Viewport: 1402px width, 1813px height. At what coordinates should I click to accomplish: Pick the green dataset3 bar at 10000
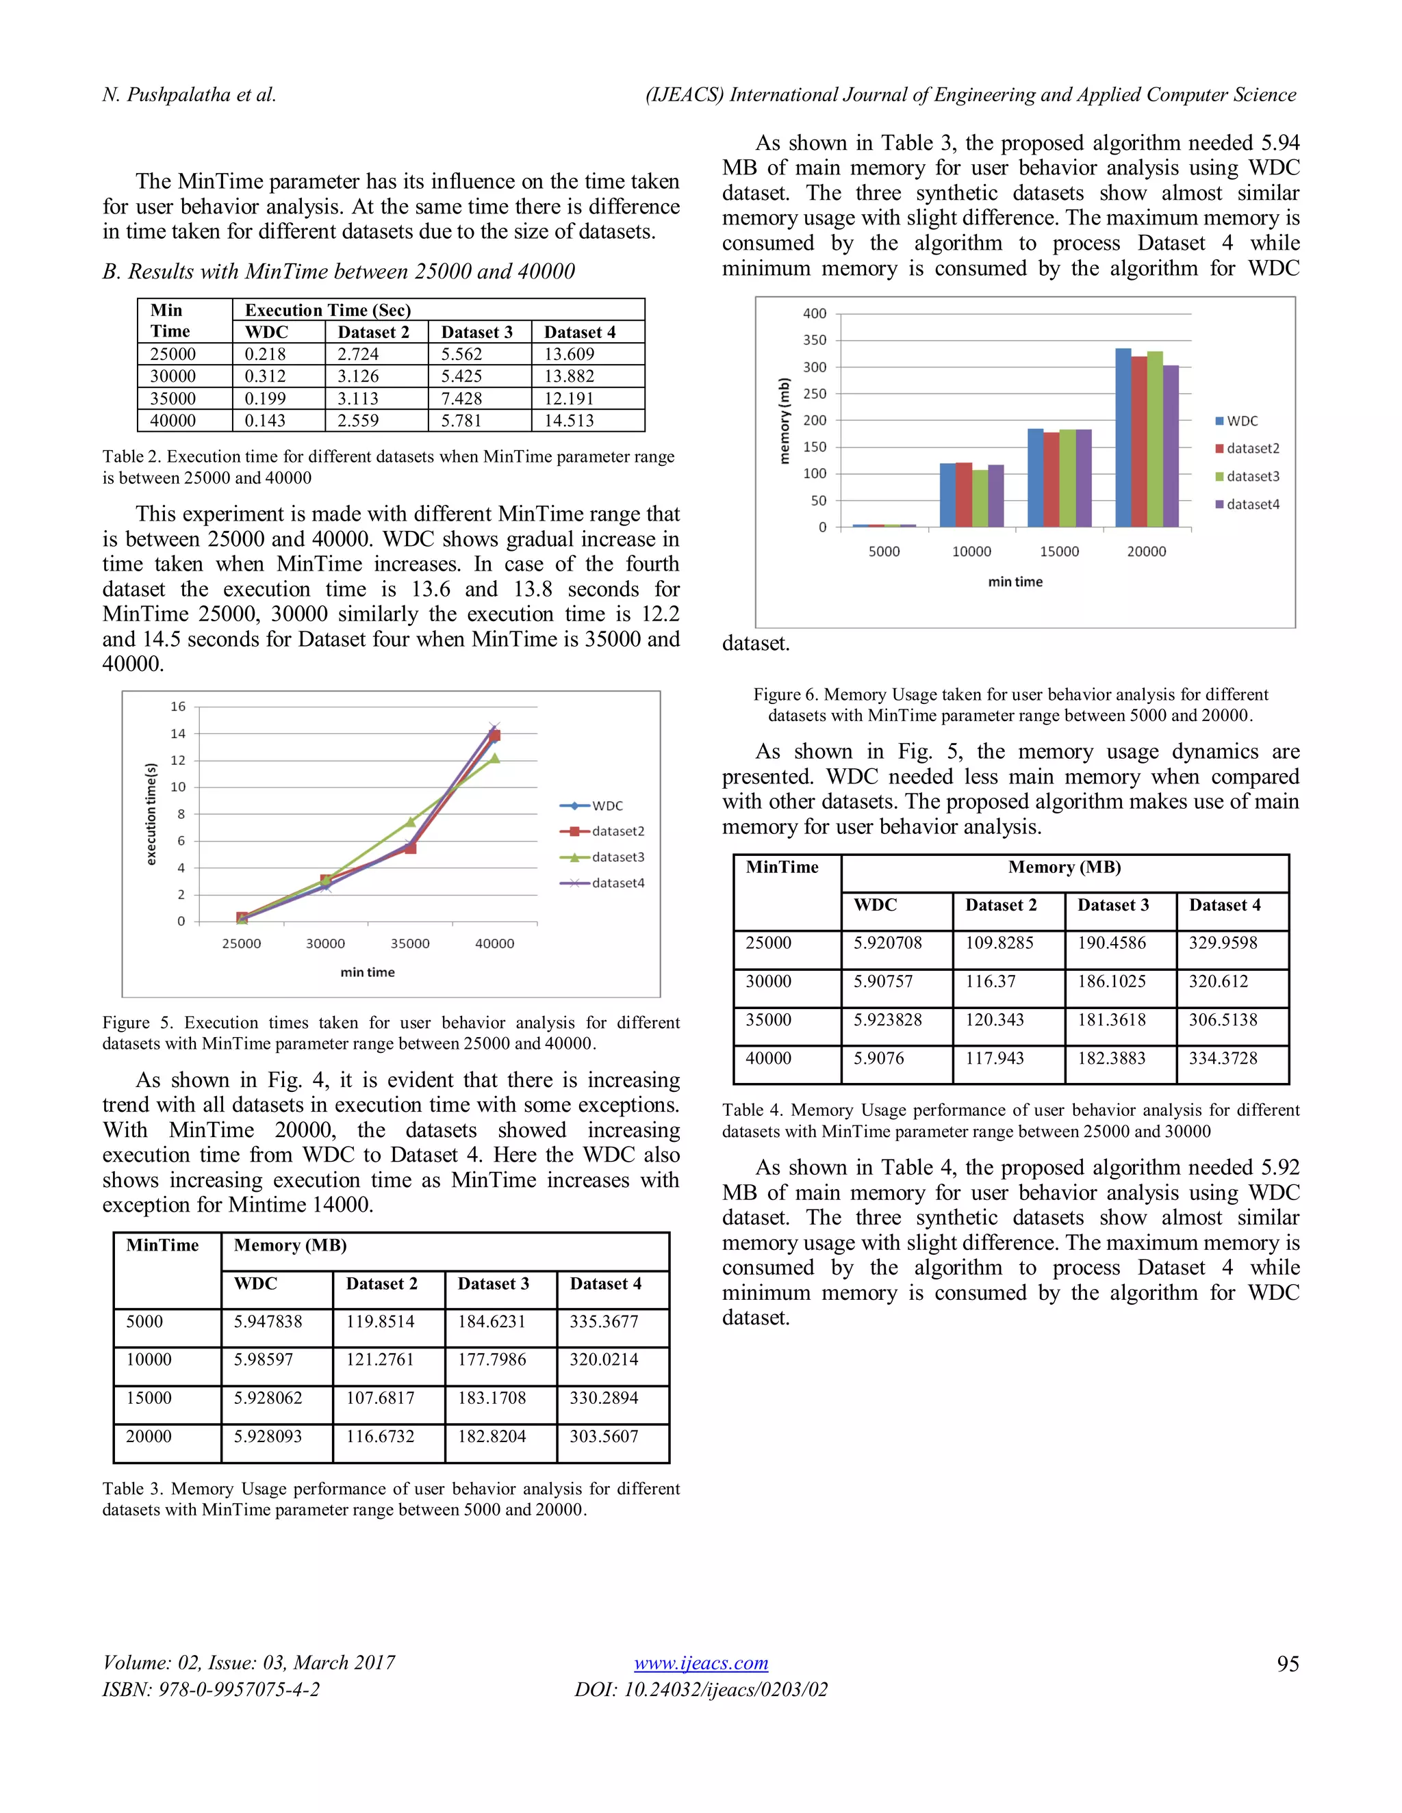click(x=980, y=498)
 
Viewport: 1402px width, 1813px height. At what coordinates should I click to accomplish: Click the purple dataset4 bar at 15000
click(x=1084, y=478)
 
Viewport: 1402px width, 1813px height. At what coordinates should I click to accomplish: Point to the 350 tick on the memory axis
click(x=815, y=340)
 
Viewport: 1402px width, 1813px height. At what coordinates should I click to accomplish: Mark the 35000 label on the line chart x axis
click(x=409, y=944)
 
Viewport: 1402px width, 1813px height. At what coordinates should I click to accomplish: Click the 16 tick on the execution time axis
click(x=178, y=707)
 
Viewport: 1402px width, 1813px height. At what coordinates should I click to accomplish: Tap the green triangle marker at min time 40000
click(x=494, y=758)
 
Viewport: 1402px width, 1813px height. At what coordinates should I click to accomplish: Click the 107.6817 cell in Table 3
click(x=379, y=1398)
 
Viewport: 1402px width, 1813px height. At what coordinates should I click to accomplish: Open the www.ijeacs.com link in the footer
click(x=701, y=1662)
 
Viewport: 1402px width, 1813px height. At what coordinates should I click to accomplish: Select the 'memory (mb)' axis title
click(x=783, y=421)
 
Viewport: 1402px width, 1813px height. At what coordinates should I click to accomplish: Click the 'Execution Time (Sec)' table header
click(x=327, y=311)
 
